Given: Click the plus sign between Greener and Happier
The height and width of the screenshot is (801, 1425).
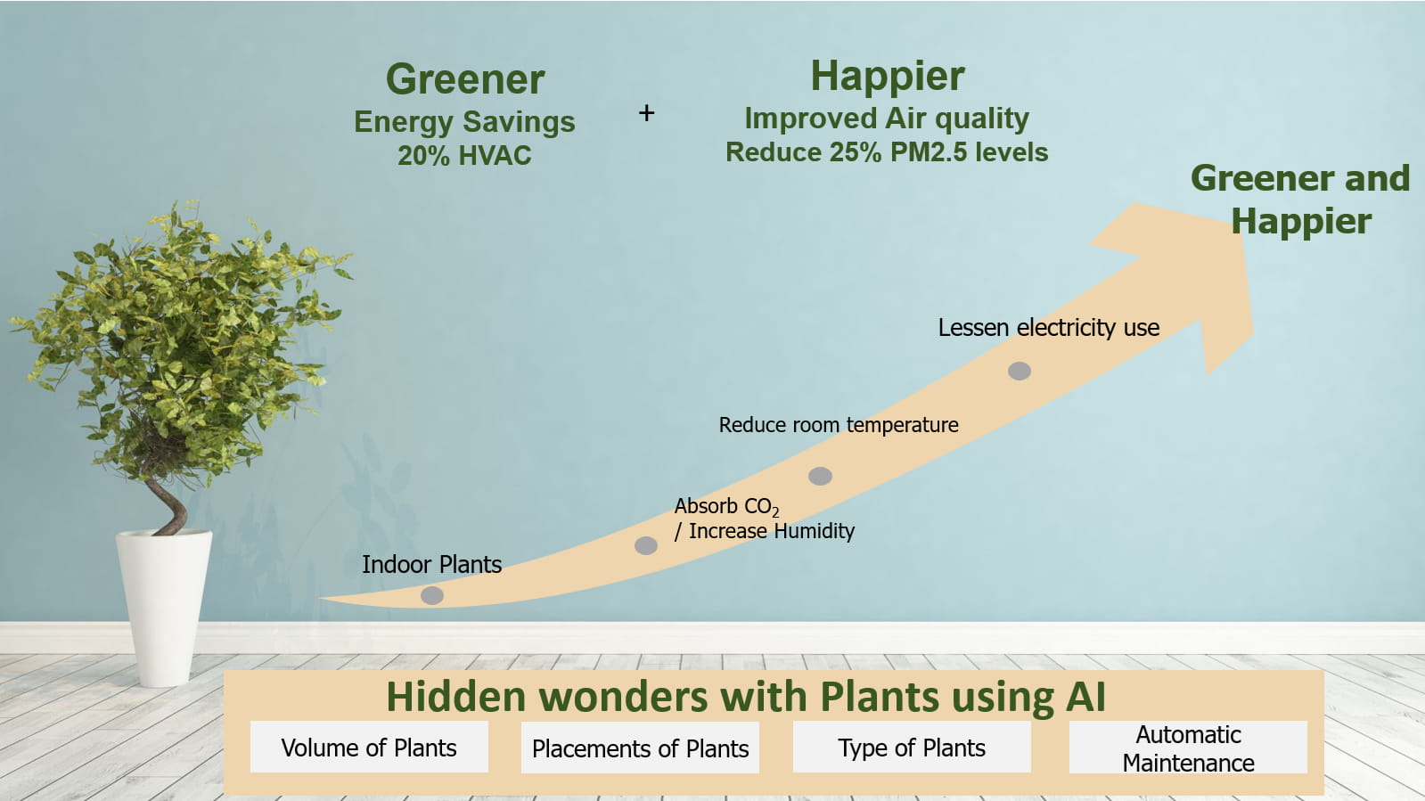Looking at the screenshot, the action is (646, 113).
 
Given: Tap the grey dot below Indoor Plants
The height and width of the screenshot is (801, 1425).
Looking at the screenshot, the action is (432, 595).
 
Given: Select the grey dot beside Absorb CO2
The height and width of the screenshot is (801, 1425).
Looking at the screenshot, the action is (646, 545).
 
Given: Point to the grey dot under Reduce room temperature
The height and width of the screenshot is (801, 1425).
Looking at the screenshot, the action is (820, 476).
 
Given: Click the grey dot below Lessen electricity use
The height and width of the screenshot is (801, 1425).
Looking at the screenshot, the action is (1020, 371).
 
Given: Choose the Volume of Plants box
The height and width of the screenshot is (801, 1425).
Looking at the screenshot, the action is (369, 747).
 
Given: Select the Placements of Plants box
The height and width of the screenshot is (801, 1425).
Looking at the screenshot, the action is (640, 748).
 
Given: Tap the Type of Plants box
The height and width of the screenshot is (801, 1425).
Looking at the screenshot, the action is (912, 747).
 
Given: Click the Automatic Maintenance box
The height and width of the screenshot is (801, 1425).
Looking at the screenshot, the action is (1188, 747).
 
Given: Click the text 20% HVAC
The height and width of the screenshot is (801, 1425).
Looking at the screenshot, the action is (464, 155).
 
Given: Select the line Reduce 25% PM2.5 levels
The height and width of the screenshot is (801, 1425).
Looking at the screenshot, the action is (887, 152).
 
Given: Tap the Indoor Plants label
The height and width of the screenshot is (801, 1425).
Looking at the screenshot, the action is (432, 564).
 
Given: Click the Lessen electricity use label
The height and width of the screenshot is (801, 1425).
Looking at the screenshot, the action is (1049, 328).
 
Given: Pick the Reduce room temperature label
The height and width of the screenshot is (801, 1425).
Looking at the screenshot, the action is (839, 424).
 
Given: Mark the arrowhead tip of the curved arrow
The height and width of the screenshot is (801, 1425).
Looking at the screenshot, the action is (1253, 331).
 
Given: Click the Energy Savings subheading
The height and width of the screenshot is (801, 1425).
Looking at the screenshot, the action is (464, 121).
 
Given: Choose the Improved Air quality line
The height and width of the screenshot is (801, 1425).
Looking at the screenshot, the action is (887, 119).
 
